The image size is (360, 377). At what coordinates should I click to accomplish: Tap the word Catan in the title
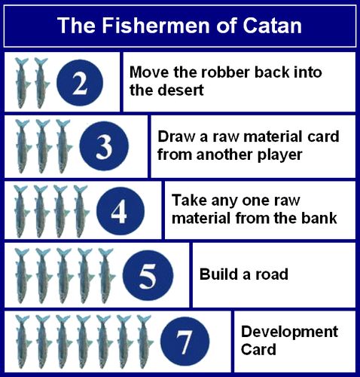[272, 26]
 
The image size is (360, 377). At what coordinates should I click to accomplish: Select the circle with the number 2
[80, 83]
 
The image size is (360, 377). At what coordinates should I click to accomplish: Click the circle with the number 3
[104, 146]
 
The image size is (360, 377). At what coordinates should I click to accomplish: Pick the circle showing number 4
[121, 211]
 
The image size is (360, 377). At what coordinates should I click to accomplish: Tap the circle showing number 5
[148, 276]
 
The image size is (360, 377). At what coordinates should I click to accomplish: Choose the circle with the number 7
[185, 342]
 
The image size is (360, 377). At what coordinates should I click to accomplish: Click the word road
[272, 274]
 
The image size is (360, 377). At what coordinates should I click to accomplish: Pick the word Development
[289, 333]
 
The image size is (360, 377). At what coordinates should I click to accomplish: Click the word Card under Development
[258, 349]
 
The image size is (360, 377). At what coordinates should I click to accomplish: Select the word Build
[218, 274]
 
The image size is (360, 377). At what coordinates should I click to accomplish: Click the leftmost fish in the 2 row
[22, 83]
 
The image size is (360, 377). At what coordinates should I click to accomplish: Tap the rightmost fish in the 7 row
[145, 342]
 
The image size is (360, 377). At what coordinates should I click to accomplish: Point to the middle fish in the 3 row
[44, 146]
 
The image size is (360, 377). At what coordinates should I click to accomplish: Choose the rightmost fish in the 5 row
[106, 276]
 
